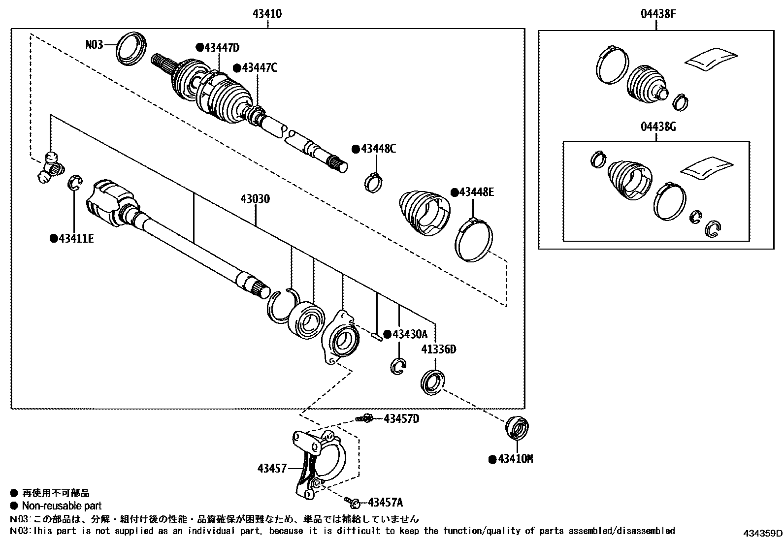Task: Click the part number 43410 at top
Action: (x=267, y=14)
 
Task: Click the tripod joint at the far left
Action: (x=51, y=168)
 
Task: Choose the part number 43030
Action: (x=255, y=199)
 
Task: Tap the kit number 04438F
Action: (x=658, y=14)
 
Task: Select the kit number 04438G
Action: (x=658, y=127)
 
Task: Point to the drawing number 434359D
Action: (x=762, y=533)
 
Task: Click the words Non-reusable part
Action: (x=62, y=506)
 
